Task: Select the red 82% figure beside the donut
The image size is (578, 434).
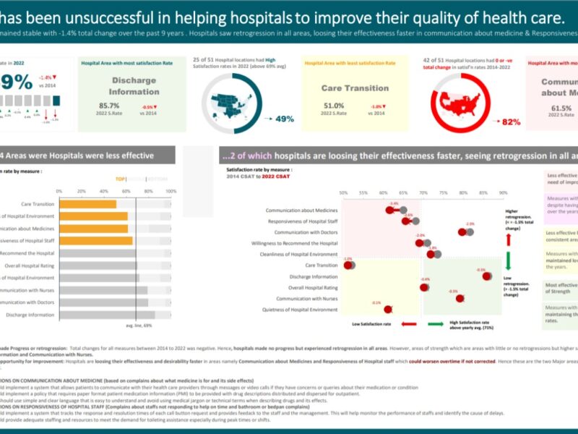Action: (x=511, y=122)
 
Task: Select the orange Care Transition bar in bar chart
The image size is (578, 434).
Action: (x=87, y=204)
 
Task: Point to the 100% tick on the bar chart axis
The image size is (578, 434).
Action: (x=171, y=191)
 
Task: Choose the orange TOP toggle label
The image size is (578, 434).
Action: (x=121, y=179)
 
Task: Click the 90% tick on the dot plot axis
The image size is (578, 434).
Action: (x=504, y=193)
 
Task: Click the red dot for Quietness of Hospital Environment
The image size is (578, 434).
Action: (x=389, y=309)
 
